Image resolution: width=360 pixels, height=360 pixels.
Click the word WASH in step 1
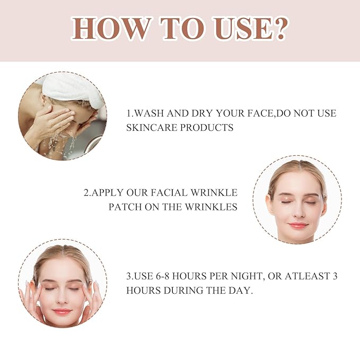[153, 113]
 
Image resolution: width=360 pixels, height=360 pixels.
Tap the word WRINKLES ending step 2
[212, 207]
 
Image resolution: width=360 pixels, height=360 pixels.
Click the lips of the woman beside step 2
[297, 225]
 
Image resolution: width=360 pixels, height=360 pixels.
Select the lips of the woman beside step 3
[62, 311]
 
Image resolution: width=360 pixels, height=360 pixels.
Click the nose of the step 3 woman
[62, 299]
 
